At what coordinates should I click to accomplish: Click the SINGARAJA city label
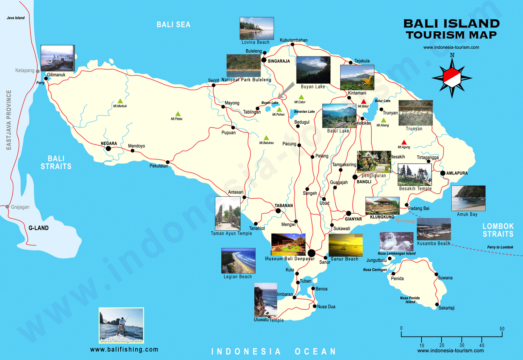pyautogui.click(x=278, y=61)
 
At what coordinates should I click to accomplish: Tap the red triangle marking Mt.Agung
pyautogui.click(x=404, y=142)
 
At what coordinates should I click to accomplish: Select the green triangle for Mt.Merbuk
pyautogui.click(x=120, y=101)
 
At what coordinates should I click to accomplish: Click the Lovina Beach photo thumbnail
pyautogui.click(x=257, y=28)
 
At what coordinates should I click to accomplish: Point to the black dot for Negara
pyautogui.click(x=108, y=149)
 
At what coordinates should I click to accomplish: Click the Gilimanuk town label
pyautogui.click(x=56, y=75)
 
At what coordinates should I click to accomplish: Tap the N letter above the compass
pyautogui.click(x=452, y=55)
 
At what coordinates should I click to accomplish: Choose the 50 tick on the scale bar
pyautogui.click(x=502, y=329)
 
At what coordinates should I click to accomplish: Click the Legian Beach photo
pyautogui.click(x=238, y=261)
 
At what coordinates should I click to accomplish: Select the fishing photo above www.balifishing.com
pyautogui.click(x=121, y=325)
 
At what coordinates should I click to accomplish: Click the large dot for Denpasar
pyautogui.click(x=312, y=253)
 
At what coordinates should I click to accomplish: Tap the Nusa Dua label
pyautogui.click(x=326, y=307)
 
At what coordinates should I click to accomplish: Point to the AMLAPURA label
pyautogui.click(x=457, y=173)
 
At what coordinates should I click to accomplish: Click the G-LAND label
pyautogui.click(x=39, y=228)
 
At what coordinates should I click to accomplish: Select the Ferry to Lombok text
pyautogui.click(x=500, y=247)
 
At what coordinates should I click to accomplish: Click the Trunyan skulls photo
pyautogui.click(x=415, y=113)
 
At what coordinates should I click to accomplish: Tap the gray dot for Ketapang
pyautogui.click(x=38, y=71)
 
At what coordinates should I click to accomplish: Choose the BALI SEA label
pyautogui.click(x=173, y=25)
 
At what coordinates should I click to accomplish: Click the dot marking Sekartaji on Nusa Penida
pyautogui.click(x=437, y=304)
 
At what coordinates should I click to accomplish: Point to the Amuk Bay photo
pyautogui.click(x=468, y=198)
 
